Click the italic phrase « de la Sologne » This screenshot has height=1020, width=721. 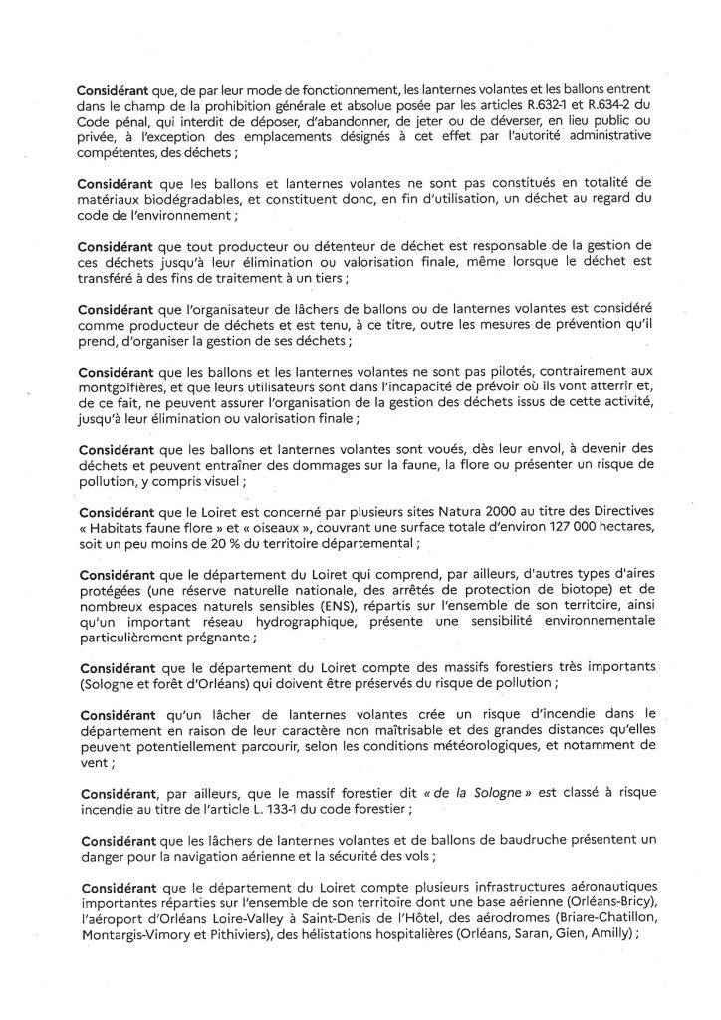click(x=433, y=797)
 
